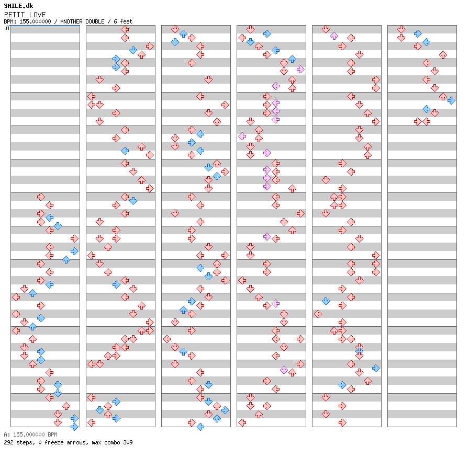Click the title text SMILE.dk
click(x=18, y=6)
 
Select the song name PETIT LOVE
click(x=25, y=15)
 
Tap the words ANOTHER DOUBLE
click(x=81, y=21)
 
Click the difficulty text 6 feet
click(x=121, y=21)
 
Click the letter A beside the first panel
click(x=7, y=28)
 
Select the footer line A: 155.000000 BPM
click(x=30, y=434)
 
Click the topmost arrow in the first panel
click(x=41, y=197)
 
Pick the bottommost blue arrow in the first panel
click(x=74, y=427)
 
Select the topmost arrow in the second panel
click(x=125, y=29)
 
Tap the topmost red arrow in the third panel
click(x=175, y=29)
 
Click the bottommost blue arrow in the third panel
click(x=200, y=427)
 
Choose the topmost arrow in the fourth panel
click(x=250, y=29)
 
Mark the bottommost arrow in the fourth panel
click(x=242, y=422)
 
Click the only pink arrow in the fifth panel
click(x=334, y=36)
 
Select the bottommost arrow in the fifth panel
click(x=342, y=422)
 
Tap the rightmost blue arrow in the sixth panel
click(x=451, y=100)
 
